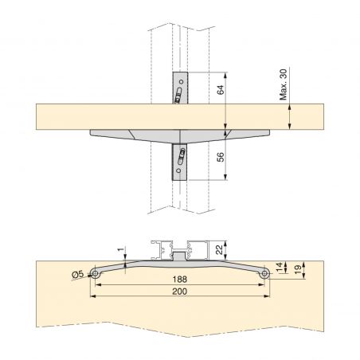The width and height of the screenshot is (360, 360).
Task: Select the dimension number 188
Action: coord(182,280)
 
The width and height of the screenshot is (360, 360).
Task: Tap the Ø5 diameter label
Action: coord(78,274)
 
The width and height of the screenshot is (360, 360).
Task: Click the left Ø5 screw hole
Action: coord(95,274)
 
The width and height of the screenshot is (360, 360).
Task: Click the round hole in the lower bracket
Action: coord(180,169)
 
